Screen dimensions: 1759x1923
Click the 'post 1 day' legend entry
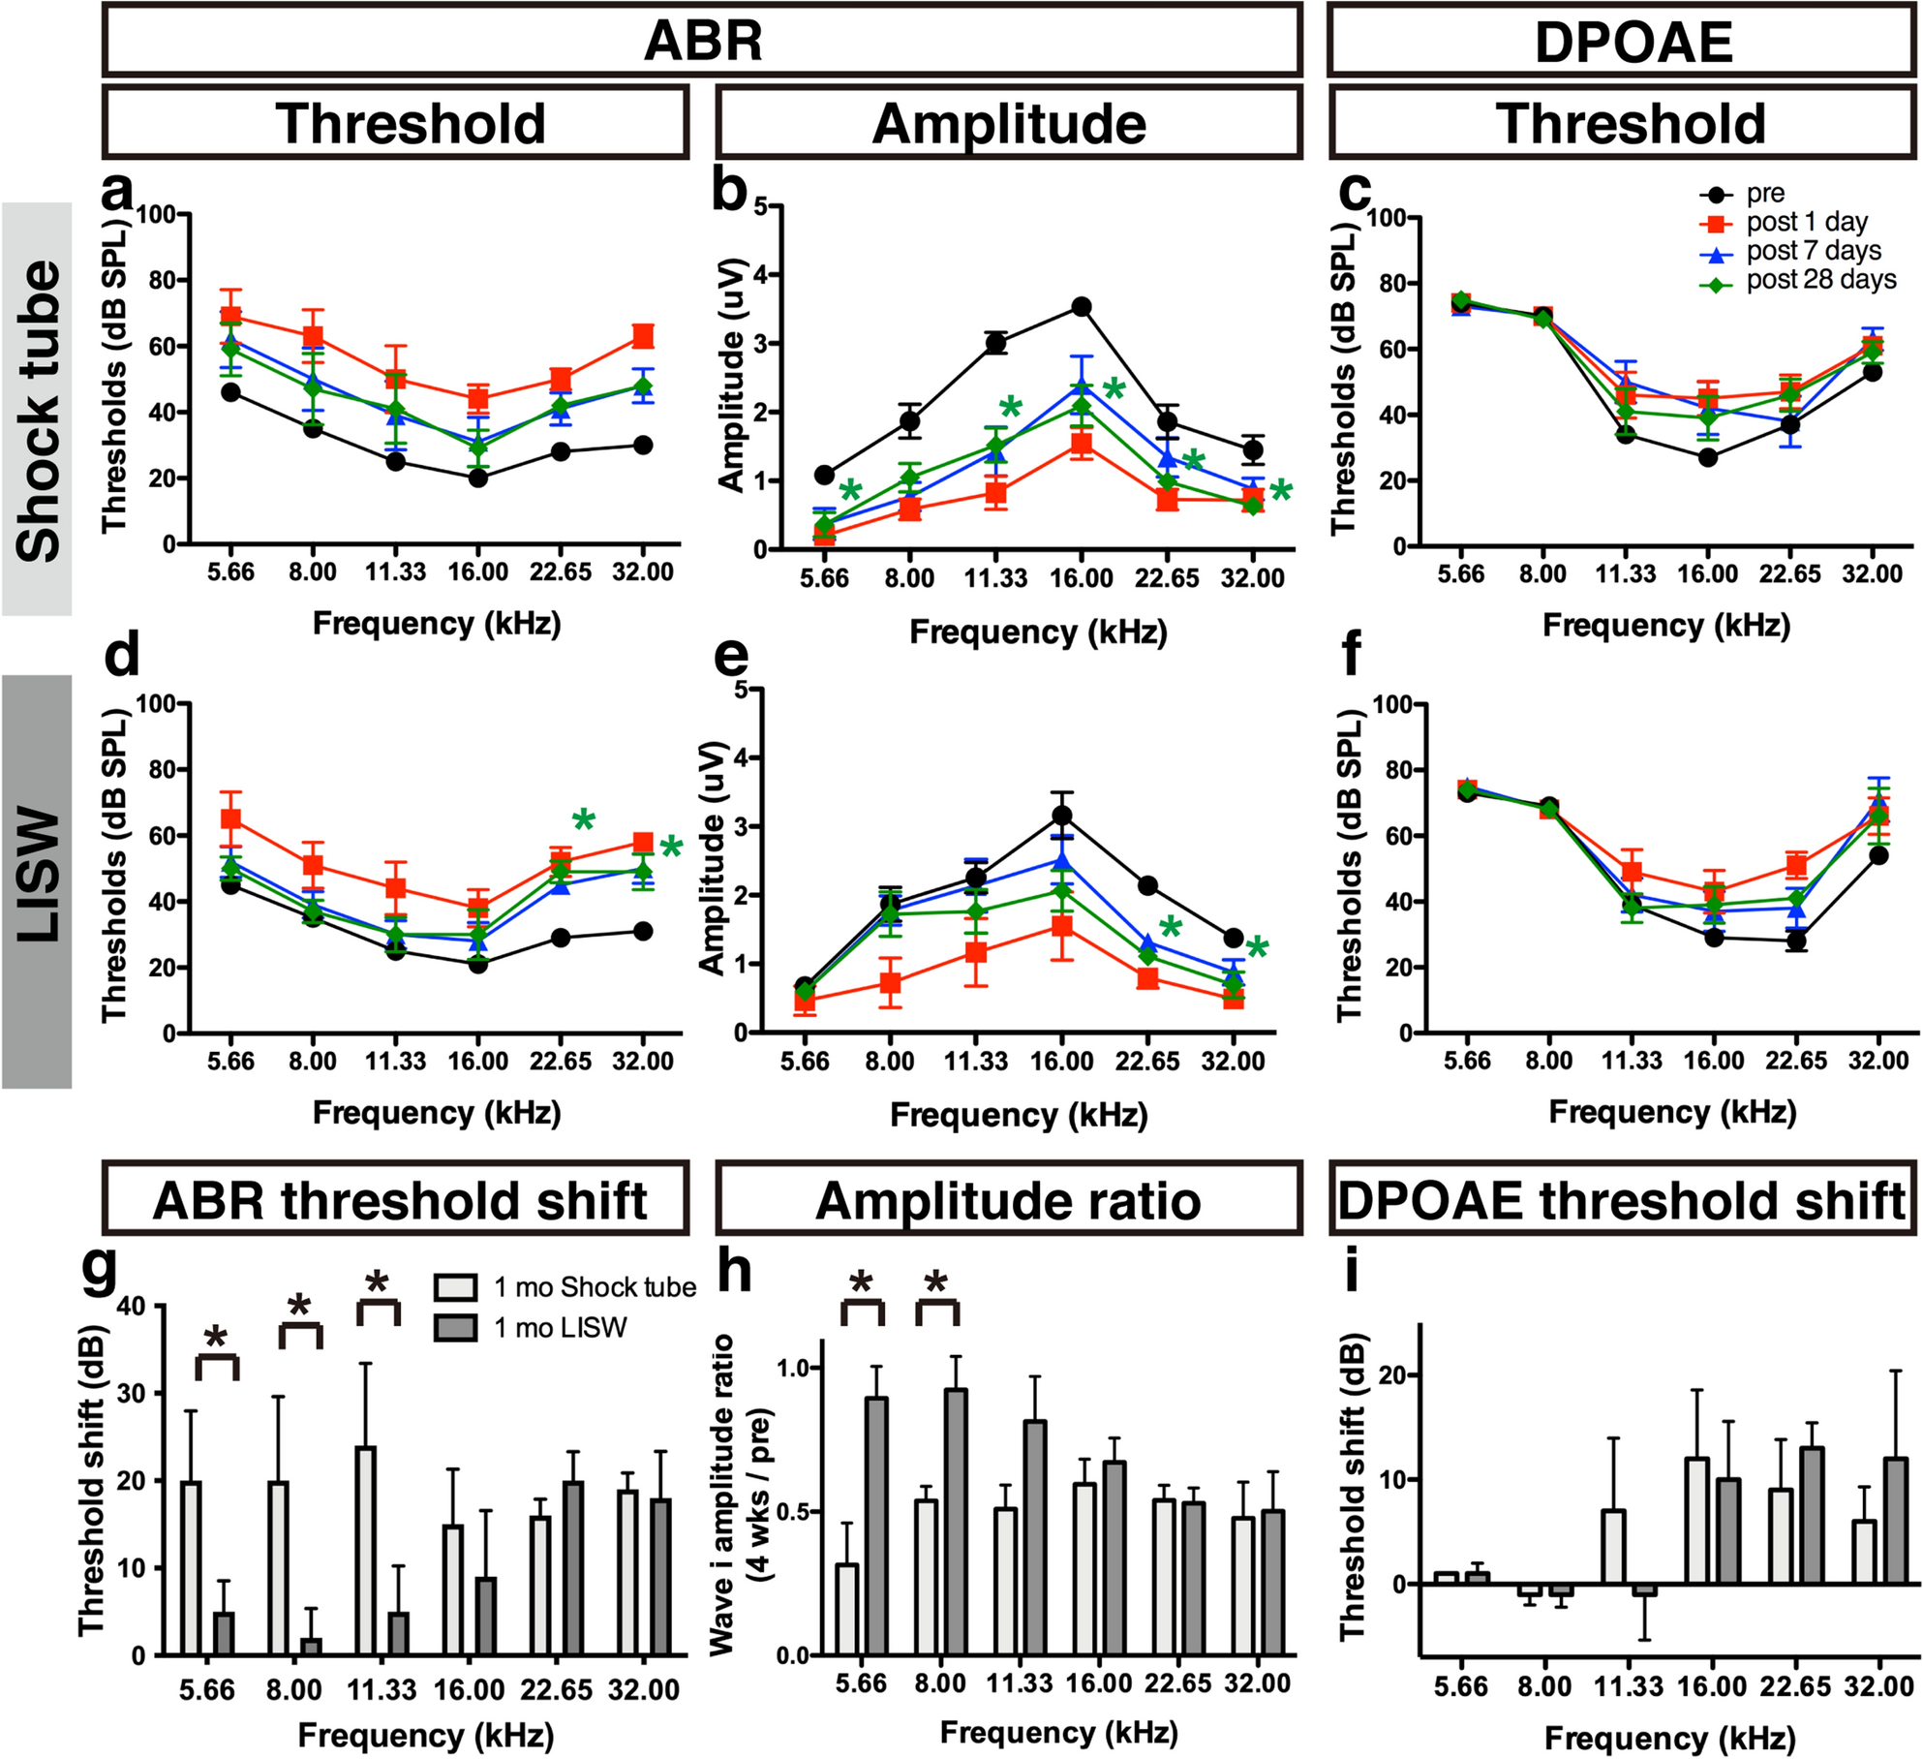(x=1806, y=223)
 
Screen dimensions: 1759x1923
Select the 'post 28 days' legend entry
(x=1819, y=281)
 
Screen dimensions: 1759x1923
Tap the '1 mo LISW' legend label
(x=560, y=1328)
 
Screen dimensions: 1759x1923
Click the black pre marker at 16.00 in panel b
(x=1082, y=307)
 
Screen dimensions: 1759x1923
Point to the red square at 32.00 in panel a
(x=643, y=336)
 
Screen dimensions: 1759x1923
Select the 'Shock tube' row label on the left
(x=37, y=410)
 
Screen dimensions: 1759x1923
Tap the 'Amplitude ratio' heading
(x=1008, y=1200)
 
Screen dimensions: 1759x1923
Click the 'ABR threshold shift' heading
(x=398, y=1200)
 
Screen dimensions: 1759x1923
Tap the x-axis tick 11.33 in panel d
(x=395, y=1062)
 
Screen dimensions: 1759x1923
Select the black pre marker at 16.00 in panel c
(x=1707, y=457)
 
